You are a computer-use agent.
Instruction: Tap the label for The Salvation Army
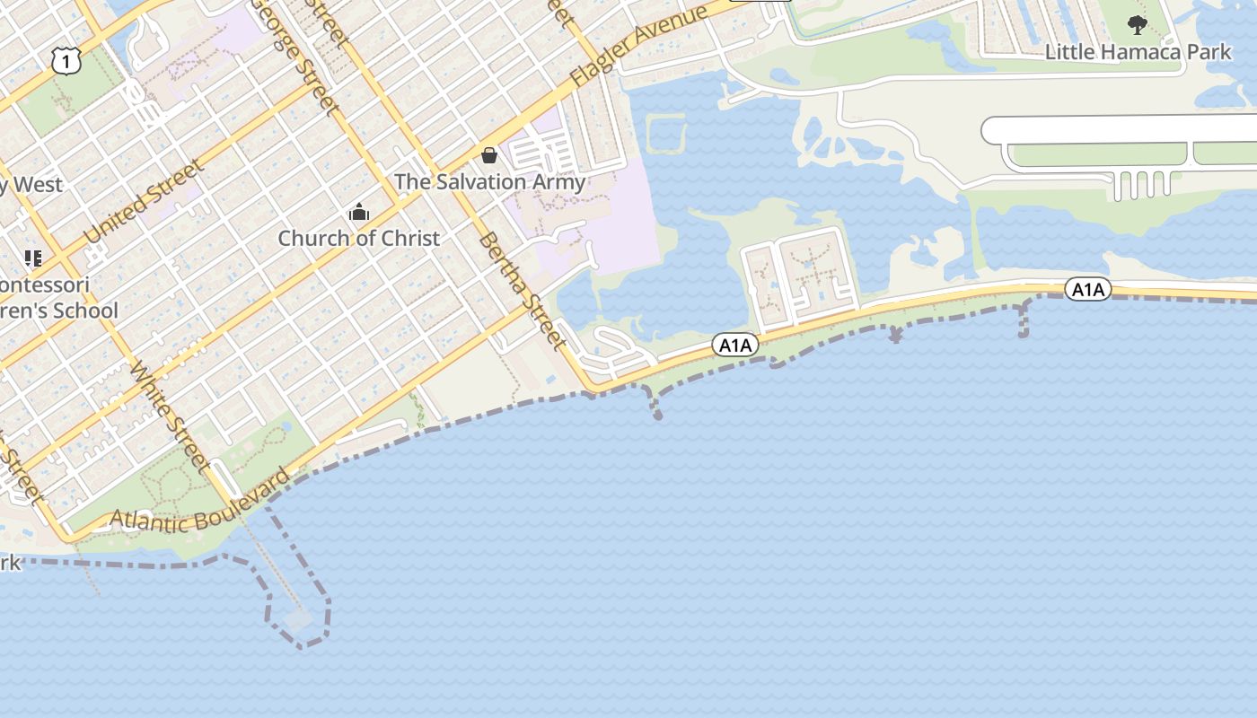489,181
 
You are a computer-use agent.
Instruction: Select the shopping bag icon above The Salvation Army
489,155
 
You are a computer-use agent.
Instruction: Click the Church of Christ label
358,238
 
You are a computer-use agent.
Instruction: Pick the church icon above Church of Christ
359,213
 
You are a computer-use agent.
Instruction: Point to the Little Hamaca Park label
1138,51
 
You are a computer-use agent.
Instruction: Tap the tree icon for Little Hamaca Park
1138,24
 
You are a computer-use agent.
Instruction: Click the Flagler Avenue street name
638,46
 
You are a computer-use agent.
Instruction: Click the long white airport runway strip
1122,129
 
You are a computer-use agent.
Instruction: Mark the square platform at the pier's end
297,618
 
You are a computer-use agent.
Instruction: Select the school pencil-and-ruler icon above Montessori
33,258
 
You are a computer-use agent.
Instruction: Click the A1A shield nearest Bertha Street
735,345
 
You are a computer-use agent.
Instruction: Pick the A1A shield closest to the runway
1087,289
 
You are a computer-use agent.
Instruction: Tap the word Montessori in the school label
45,285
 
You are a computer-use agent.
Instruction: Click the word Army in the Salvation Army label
558,181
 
